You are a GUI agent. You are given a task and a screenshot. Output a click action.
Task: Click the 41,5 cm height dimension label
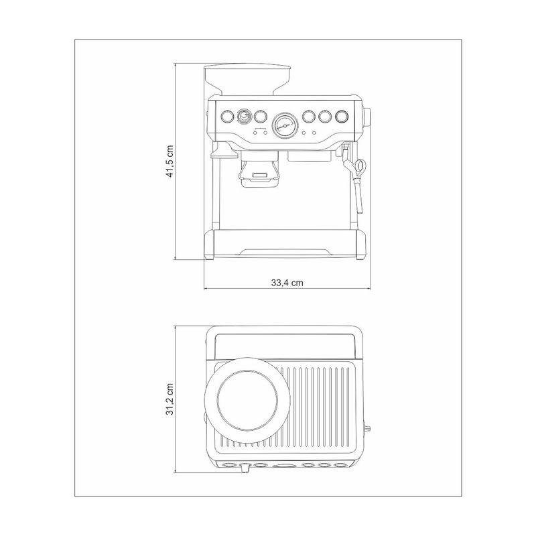tap(170, 161)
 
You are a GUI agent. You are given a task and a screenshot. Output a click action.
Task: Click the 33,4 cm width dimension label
tap(287, 283)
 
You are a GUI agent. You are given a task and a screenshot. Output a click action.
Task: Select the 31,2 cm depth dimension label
tap(170, 399)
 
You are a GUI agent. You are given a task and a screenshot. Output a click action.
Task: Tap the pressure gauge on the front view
tap(284, 125)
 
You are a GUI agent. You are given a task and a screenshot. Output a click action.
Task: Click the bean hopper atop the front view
tap(248, 79)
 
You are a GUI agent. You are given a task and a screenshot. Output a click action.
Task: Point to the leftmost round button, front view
tap(226, 117)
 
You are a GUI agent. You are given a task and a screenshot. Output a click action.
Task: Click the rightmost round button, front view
tap(342, 117)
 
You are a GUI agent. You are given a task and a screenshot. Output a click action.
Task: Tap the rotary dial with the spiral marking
tap(244, 117)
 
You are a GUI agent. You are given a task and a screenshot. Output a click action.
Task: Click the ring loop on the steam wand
tap(360, 165)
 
